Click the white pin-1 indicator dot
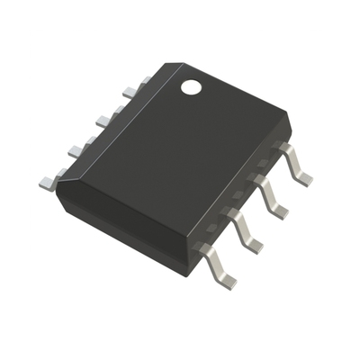(192, 87)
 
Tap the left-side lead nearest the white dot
(129, 91)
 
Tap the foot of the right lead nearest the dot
(303, 179)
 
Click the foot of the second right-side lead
(280, 211)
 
